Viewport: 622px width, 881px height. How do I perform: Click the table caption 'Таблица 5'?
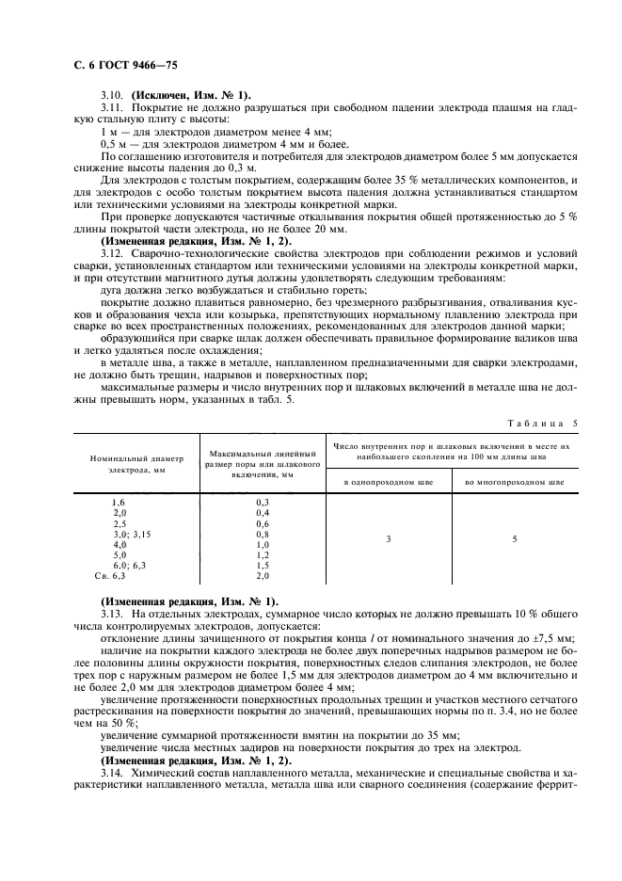click(546, 423)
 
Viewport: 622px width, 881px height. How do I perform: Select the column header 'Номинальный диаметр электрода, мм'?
click(136, 462)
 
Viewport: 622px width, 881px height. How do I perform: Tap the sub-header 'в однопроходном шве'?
click(389, 482)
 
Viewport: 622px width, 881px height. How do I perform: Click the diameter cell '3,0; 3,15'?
click(132, 534)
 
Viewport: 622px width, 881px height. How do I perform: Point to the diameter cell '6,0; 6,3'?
click(130, 565)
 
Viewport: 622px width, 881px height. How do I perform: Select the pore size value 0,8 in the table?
click(263, 534)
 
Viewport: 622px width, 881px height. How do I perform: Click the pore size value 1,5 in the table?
click(263, 565)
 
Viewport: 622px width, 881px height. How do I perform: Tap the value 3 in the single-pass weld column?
click(389, 539)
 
